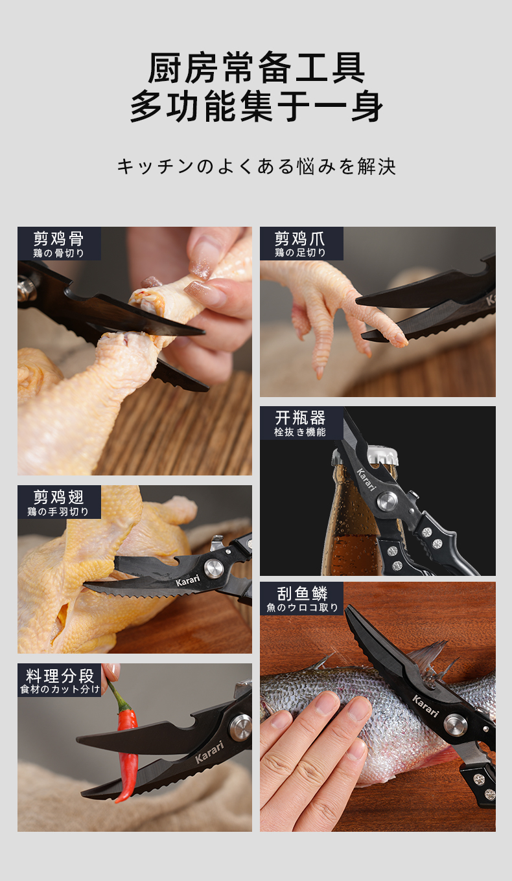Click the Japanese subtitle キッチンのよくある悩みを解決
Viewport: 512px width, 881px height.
[x=256, y=166]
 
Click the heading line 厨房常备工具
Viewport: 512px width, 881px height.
[x=256, y=68]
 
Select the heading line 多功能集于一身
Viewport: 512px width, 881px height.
[x=256, y=107]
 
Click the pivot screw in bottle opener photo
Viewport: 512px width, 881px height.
[x=388, y=501]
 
